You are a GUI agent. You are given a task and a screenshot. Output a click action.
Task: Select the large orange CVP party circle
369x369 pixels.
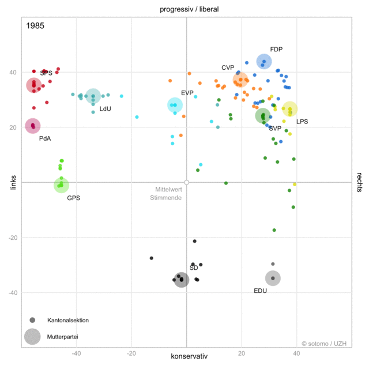[240, 80]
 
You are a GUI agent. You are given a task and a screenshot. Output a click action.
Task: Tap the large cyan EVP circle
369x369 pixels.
[175, 105]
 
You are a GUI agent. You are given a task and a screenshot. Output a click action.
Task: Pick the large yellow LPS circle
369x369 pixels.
[289, 108]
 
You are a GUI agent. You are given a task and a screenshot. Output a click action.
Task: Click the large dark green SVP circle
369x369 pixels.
[263, 116]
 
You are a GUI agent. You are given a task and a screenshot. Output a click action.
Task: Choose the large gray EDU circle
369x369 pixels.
[273, 278]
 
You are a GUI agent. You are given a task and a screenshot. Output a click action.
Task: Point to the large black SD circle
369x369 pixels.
[182, 280]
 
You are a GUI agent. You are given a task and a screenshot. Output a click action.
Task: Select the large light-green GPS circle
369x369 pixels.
[61, 185]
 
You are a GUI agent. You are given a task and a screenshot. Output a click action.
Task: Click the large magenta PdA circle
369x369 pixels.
[33, 126]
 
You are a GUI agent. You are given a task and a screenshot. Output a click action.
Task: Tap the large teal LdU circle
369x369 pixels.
[93, 96]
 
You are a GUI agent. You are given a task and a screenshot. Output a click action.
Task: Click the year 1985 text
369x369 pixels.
[35, 26]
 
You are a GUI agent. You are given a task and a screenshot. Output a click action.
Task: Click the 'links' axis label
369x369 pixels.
[13, 182]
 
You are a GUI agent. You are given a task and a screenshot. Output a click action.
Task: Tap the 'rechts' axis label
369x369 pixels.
[359, 182]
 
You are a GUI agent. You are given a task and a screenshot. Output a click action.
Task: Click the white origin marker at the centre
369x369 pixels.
[186, 182]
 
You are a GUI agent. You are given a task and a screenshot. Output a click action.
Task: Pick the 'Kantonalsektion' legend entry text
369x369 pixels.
[68, 320]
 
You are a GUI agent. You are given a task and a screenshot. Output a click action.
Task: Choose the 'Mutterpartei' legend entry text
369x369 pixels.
[63, 336]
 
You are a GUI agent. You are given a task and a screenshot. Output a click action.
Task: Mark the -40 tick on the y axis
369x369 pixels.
[13, 293]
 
